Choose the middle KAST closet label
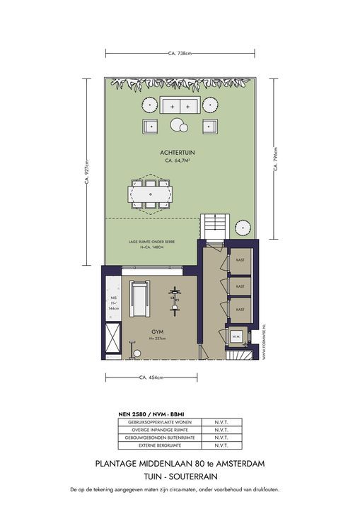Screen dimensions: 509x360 pyautogui.click(x=240, y=286)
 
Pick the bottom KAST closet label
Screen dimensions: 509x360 pyautogui.click(x=240, y=309)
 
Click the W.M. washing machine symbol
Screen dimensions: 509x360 pyautogui.click(x=237, y=337)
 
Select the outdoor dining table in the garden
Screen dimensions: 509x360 pyautogui.click(x=151, y=192)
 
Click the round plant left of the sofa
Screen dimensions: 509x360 pyautogui.click(x=149, y=105)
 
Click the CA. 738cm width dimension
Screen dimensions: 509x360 pyautogui.click(x=180, y=53)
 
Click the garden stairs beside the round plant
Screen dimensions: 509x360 pyautogui.click(x=214, y=226)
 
